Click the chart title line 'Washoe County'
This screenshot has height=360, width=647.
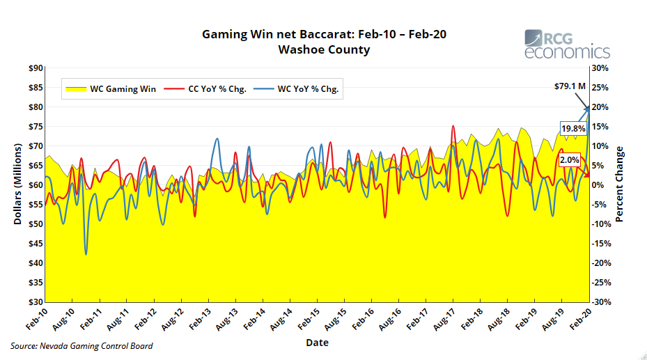[x=324, y=49]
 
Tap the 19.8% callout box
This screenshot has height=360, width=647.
[x=573, y=128]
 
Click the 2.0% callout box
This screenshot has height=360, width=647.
[x=570, y=160]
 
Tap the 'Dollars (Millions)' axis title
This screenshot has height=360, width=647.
[x=17, y=185]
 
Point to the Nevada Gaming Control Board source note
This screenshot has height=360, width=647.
[x=82, y=346]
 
